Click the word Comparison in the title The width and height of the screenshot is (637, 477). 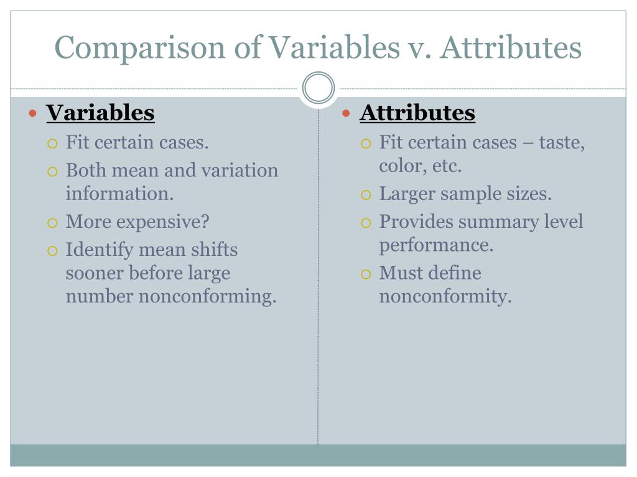tap(138, 48)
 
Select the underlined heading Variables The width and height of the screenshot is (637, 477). tap(100, 113)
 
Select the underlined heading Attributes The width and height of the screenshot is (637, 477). tap(417, 113)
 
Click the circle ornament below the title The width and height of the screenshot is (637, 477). tap(318, 88)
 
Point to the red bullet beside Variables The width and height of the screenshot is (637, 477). tap(34, 114)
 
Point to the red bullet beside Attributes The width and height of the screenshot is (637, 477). tap(347, 114)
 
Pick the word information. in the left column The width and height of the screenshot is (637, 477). tap(119, 193)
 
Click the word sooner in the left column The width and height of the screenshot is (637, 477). tap(94, 273)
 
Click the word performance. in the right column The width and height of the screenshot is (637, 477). tap(436, 245)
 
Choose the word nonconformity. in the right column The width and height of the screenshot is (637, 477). tap(445, 296)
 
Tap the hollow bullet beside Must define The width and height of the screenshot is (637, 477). tap(365, 274)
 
